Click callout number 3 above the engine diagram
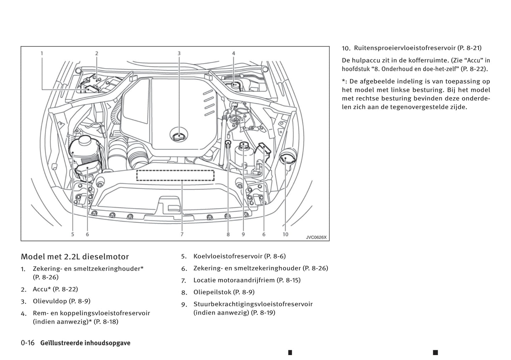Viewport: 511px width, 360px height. (179, 53)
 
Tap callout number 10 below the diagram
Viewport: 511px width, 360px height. (285, 234)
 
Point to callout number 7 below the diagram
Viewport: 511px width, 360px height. (182, 234)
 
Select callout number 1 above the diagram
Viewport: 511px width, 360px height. (42, 53)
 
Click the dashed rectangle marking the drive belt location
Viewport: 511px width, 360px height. (175, 176)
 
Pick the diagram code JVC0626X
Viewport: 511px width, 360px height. (316, 237)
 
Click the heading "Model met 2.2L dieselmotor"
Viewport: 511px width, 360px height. (75, 257)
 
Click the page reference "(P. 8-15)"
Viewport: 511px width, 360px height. (289, 280)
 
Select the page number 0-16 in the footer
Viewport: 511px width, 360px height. (28, 343)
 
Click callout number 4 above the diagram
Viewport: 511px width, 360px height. (233, 53)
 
